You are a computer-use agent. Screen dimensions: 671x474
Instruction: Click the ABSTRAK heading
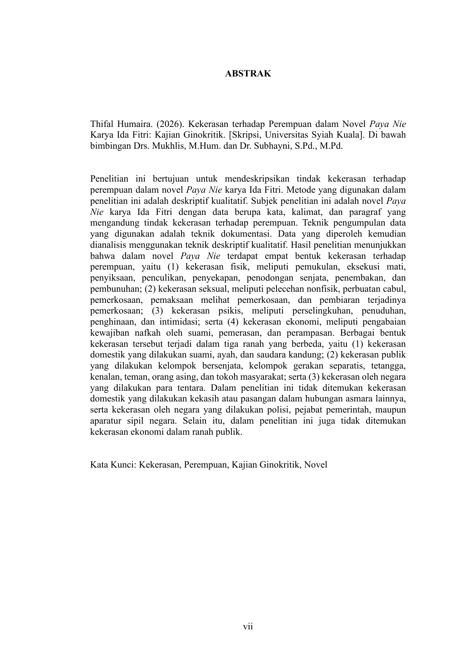coord(248,74)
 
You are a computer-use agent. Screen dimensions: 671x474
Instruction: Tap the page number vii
coord(248,626)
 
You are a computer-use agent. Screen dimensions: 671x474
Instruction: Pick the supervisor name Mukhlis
coord(167,146)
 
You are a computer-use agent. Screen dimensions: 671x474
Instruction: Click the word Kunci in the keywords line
coord(122,465)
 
